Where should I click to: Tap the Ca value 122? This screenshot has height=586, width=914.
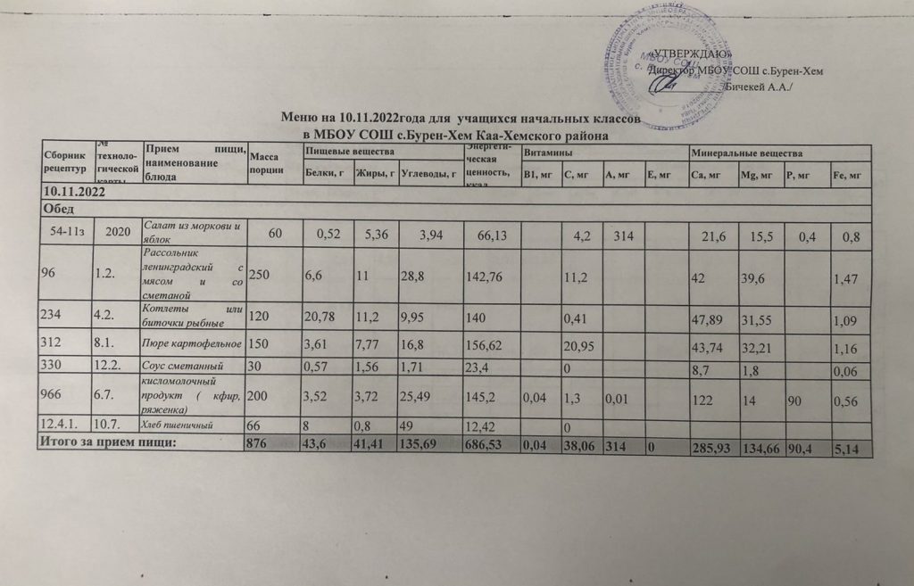(x=703, y=400)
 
